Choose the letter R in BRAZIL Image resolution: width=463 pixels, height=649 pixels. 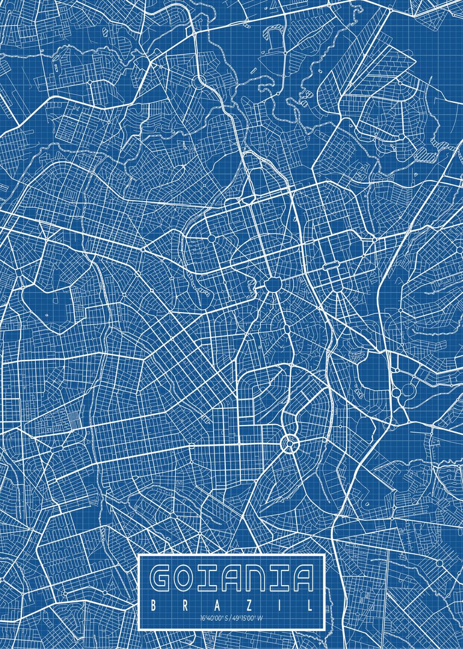(x=185, y=605)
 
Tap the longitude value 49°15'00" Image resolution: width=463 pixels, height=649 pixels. (x=246, y=618)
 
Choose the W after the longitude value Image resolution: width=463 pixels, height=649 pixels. (x=261, y=618)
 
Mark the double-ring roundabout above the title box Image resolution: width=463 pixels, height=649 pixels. (x=289, y=443)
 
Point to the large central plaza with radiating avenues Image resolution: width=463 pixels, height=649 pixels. (x=273, y=284)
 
